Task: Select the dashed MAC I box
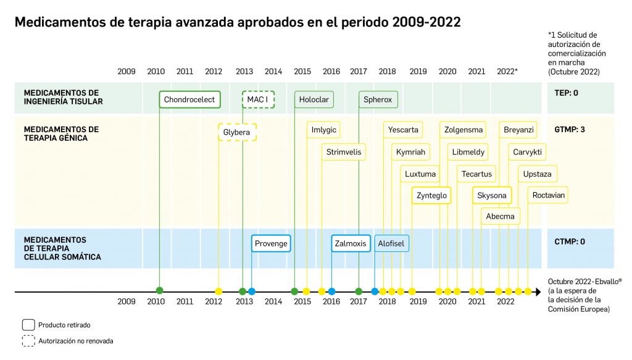tap(258, 99)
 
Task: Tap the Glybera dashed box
tap(237, 133)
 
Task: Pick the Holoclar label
tap(314, 99)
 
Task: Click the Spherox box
tap(378, 99)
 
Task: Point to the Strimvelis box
tap(343, 152)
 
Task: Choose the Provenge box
tap(271, 243)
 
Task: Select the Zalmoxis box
tap(351, 243)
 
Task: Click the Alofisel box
tap(391, 243)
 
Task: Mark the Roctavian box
tap(549, 195)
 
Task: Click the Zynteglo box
tap(431, 195)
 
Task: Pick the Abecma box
tap(501, 216)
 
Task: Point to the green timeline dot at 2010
tap(160, 291)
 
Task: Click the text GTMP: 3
tap(569, 130)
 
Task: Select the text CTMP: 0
tap(569, 241)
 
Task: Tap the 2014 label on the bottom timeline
tap(273, 302)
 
